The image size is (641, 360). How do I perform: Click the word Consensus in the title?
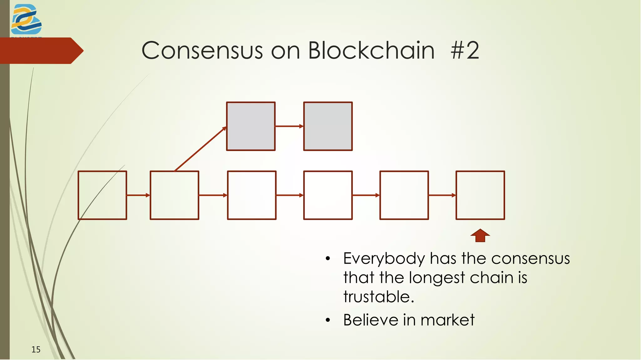point(202,50)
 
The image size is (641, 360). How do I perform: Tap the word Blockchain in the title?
point(371,50)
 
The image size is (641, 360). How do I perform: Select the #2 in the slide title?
point(465,50)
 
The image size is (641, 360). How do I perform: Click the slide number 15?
point(36,349)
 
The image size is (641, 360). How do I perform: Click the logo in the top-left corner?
point(26,19)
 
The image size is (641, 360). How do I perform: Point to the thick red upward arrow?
point(480,235)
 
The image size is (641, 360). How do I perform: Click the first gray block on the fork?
point(251,126)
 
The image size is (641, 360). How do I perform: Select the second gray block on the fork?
point(328,126)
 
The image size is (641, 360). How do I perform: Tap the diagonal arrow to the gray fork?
point(200,149)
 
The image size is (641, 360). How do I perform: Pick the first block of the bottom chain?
point(102,195)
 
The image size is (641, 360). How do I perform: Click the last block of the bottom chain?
point(480,195)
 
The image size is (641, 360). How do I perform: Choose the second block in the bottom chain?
point(174,195)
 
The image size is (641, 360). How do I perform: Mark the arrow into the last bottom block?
point(442,195)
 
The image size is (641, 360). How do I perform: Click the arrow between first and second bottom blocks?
point(138,195)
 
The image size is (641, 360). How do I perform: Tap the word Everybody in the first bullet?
point(384,259)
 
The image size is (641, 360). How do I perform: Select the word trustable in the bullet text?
point(378,296)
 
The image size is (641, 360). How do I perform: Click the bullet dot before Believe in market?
point(328,320)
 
